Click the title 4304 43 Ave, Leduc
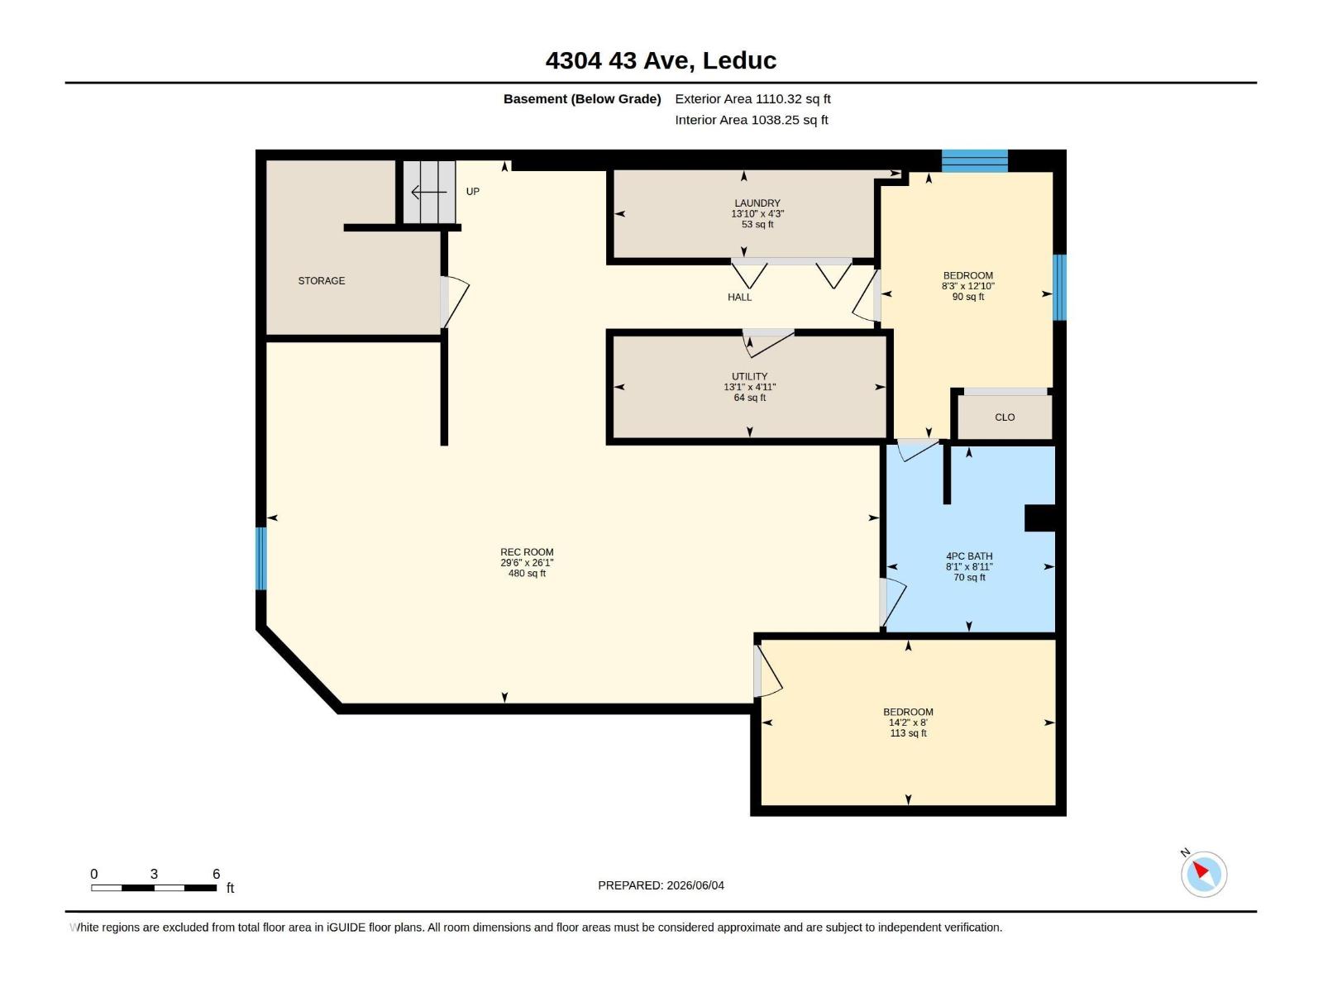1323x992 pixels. [661, 60]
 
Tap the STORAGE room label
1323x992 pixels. [322, 281]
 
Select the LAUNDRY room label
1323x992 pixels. [757, 203]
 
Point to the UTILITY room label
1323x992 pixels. [749, 376]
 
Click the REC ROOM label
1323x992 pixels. [526, 551]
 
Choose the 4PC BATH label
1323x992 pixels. [968, 556]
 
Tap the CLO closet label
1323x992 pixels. [1004, 417]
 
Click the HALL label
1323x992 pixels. [739, 297]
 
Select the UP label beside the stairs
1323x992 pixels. [472, 192]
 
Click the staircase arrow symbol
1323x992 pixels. [428, 192]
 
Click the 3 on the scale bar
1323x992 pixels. [154, 874]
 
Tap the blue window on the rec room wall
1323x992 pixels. [261, 558]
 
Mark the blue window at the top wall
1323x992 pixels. [974, 161]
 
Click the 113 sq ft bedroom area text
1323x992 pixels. [908, 733]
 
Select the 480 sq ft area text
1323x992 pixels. [526, 574]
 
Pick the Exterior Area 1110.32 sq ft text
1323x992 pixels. [752, 98]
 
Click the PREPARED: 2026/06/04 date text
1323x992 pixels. [661, 885]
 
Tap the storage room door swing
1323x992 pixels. [455, 302]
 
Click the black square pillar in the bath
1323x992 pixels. [1039, 518]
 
